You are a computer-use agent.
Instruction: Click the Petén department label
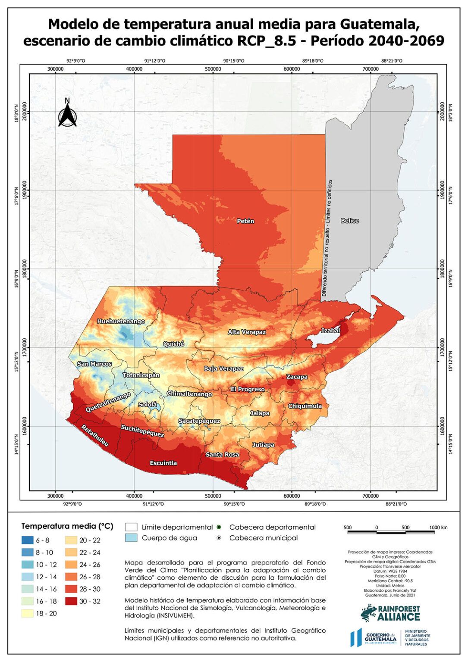[x=245, y=221]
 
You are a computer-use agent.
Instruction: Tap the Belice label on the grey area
[x=349, y=221]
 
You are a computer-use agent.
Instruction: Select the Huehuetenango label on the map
[x=121, y=322]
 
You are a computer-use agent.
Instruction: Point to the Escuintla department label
[x=163, y=463]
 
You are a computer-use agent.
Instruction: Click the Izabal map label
[x=330, y=331]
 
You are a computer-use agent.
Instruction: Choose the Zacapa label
[x=297, y=377]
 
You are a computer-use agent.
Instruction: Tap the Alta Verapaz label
[x=247, y=332]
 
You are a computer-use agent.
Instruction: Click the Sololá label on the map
[x=148, y=405]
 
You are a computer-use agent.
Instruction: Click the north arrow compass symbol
[x=67, y=113]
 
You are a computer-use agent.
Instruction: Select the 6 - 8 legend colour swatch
[x=28, y=540]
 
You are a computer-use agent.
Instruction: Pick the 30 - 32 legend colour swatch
[x=71, y=601]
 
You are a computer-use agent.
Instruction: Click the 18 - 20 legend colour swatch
[x=28, y=613]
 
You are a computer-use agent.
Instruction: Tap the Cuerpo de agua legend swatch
[x=131, y=538]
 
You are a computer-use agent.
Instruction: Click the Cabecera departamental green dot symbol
[x=219, y=527]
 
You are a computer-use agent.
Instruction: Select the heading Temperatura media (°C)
[x=67, y=526]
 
